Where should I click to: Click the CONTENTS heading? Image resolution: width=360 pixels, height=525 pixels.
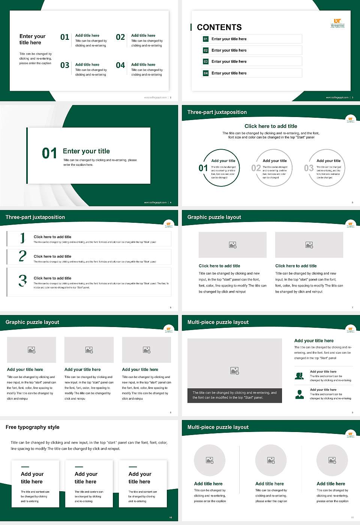click(x=219, y=27)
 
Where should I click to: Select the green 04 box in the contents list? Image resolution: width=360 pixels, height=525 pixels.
click(x=205, y=73)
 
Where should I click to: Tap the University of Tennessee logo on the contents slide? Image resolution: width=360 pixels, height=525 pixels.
click(x=337, y=23)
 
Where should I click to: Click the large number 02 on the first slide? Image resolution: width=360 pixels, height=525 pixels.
click(x=120, y=37)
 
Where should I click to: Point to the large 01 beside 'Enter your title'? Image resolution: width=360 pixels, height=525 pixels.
click(x=49, y=153)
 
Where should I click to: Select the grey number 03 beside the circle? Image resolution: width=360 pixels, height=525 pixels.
click(x=309, y=168)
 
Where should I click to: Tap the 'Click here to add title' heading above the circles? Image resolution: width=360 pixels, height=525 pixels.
click(x=271, y=126)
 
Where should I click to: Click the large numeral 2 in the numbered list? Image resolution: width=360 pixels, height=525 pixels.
click(x=22, y=256)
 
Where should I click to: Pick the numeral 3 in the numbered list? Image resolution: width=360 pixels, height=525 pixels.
click(x=23, y=280)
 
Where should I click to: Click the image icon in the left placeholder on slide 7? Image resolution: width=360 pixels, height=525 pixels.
click(x=232, y=245)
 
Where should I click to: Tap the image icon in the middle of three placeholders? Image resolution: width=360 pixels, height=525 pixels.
click(x=89, y=350)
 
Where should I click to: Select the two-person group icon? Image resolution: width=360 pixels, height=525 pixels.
click(x=299, y=376)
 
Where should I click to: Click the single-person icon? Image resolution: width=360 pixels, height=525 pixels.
click(x=299, y=394)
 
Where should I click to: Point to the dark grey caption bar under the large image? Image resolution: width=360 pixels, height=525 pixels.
click(x=234, y=395)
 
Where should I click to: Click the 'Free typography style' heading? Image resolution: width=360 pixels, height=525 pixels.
click(x=33, y=427)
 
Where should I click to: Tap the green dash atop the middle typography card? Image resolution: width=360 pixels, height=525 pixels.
click(x=79, y=466)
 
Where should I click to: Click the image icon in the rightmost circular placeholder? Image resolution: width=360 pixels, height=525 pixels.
click(x=332, y=460)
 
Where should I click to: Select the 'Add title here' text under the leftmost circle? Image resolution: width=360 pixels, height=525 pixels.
click(x=208, y=484)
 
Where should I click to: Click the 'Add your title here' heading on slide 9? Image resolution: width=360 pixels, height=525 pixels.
click(x=314, y=341)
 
